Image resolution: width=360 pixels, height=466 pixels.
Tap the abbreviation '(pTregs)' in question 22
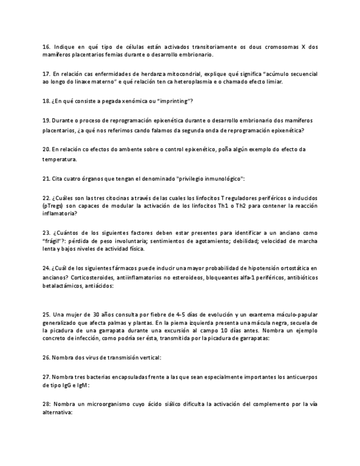click(55, 206)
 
